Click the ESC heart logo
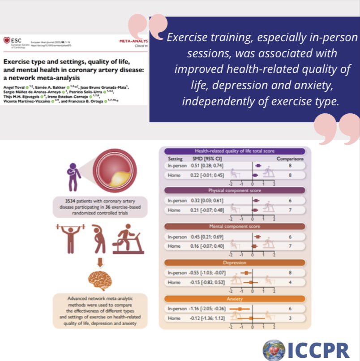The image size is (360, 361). (5, 41)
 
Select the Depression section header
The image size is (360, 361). (235, 262)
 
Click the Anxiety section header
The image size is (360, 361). (235, 298)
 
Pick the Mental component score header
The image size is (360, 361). (235, 226)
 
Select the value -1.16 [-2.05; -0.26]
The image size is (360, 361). (204, 309)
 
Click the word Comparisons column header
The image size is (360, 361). (290, 159)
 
